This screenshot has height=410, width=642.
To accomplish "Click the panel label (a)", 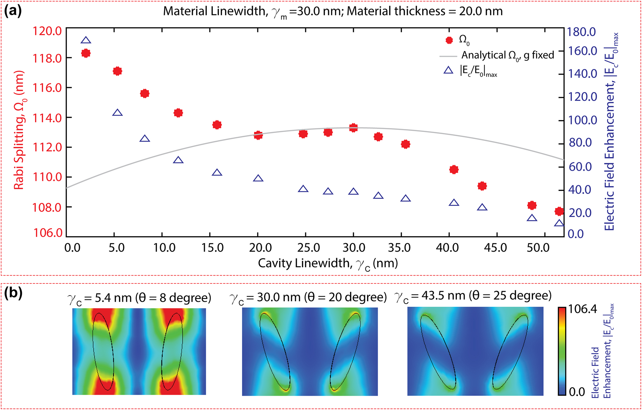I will [13, 11].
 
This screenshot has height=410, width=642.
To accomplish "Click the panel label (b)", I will [13, 293].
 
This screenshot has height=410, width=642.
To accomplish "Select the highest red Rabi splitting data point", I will [86, 53].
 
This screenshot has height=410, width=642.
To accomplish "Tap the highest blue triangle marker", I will [86, 41].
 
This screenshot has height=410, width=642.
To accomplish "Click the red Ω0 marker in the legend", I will [449, 40].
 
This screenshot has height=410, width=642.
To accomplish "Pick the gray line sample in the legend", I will [448, 56].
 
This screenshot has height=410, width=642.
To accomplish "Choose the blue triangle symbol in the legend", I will [448, 70].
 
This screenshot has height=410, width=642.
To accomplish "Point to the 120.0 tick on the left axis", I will [47, 31].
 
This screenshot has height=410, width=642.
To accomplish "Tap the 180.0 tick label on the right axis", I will [582, 32].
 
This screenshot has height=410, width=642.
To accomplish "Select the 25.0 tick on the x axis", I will [308, 247].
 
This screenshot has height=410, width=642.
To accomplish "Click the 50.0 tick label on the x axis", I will [538, 247].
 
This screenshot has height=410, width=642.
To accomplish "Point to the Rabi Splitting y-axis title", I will [19, 130].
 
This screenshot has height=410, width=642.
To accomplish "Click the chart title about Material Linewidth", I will [332, 12].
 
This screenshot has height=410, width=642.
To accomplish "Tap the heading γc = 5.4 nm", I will [139, 298].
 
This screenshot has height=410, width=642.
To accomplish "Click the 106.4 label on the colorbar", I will [583, 309].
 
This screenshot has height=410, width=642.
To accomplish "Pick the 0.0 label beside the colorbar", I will [577, 392].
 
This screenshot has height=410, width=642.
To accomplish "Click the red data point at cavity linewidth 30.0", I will [354, 128].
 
